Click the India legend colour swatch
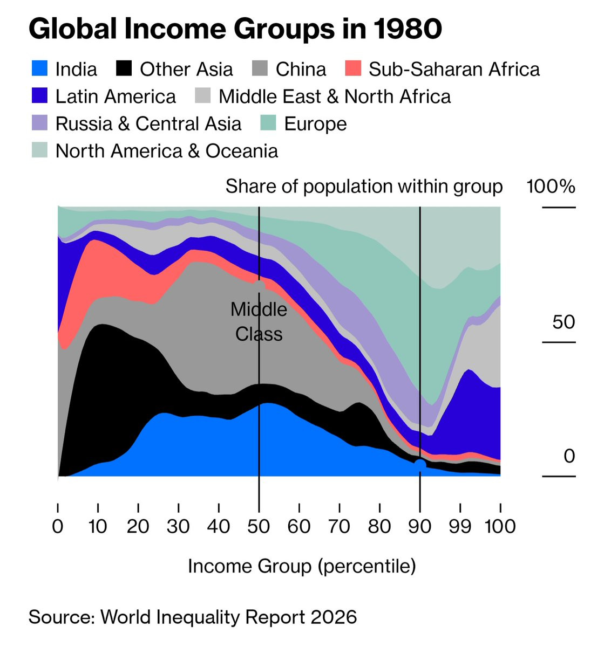(39, 68)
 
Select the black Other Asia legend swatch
(124, 68)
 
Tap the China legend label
(301, 69)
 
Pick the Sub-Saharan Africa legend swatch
(353, 68)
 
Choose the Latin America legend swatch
(39, 95)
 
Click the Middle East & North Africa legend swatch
(202, 95)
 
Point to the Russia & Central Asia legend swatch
(39, 122)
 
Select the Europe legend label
(315, 124)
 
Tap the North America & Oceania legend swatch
(39, 150)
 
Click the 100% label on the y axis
(551, 187)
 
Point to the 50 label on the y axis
(563, 322)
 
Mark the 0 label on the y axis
(569, 456)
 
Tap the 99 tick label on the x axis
(460, 526)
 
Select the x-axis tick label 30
(178, 526)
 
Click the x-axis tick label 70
(340, 526)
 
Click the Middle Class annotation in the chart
(259, 321)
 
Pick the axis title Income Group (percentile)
(302, 567)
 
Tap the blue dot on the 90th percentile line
(420, 465)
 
